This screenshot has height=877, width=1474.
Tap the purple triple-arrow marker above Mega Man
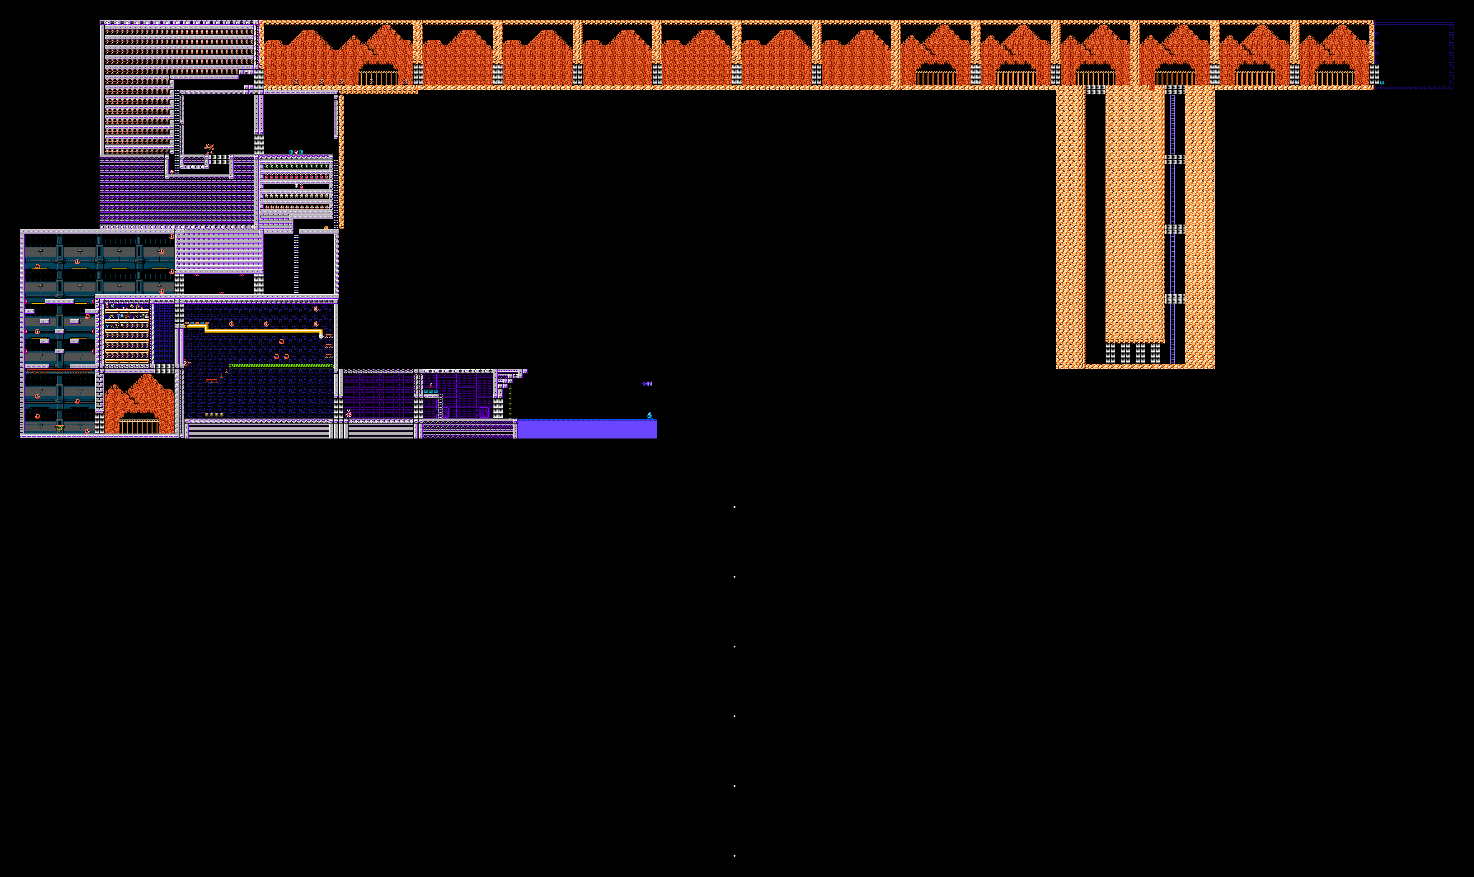click(647, 384)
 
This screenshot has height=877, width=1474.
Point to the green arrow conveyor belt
click(281, 366)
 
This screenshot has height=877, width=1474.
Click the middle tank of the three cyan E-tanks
click(430, 391)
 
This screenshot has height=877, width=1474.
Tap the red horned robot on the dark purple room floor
click(348, 413)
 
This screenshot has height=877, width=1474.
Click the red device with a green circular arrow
click(59, 427)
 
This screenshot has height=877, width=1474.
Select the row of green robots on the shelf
click(297, 167)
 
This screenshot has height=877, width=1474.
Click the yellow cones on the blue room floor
click(214, 415)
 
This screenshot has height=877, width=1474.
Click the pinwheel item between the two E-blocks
click(296, 152)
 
